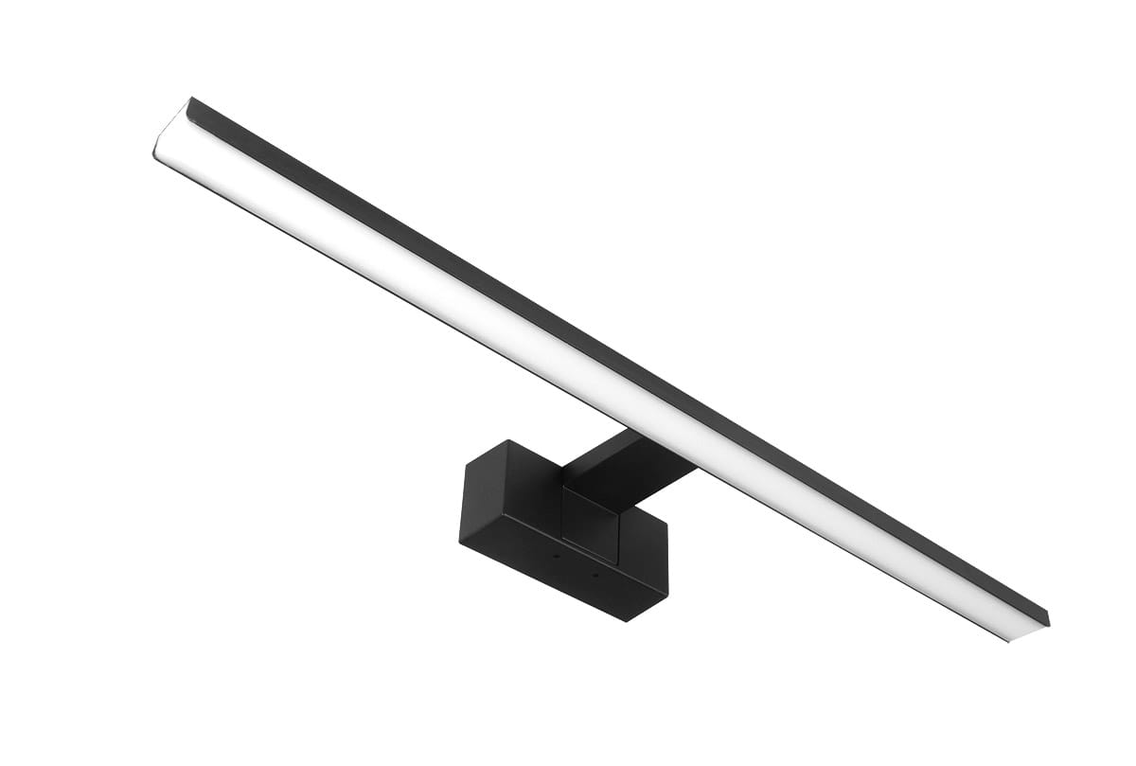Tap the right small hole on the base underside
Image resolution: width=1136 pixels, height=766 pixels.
(595, 574)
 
